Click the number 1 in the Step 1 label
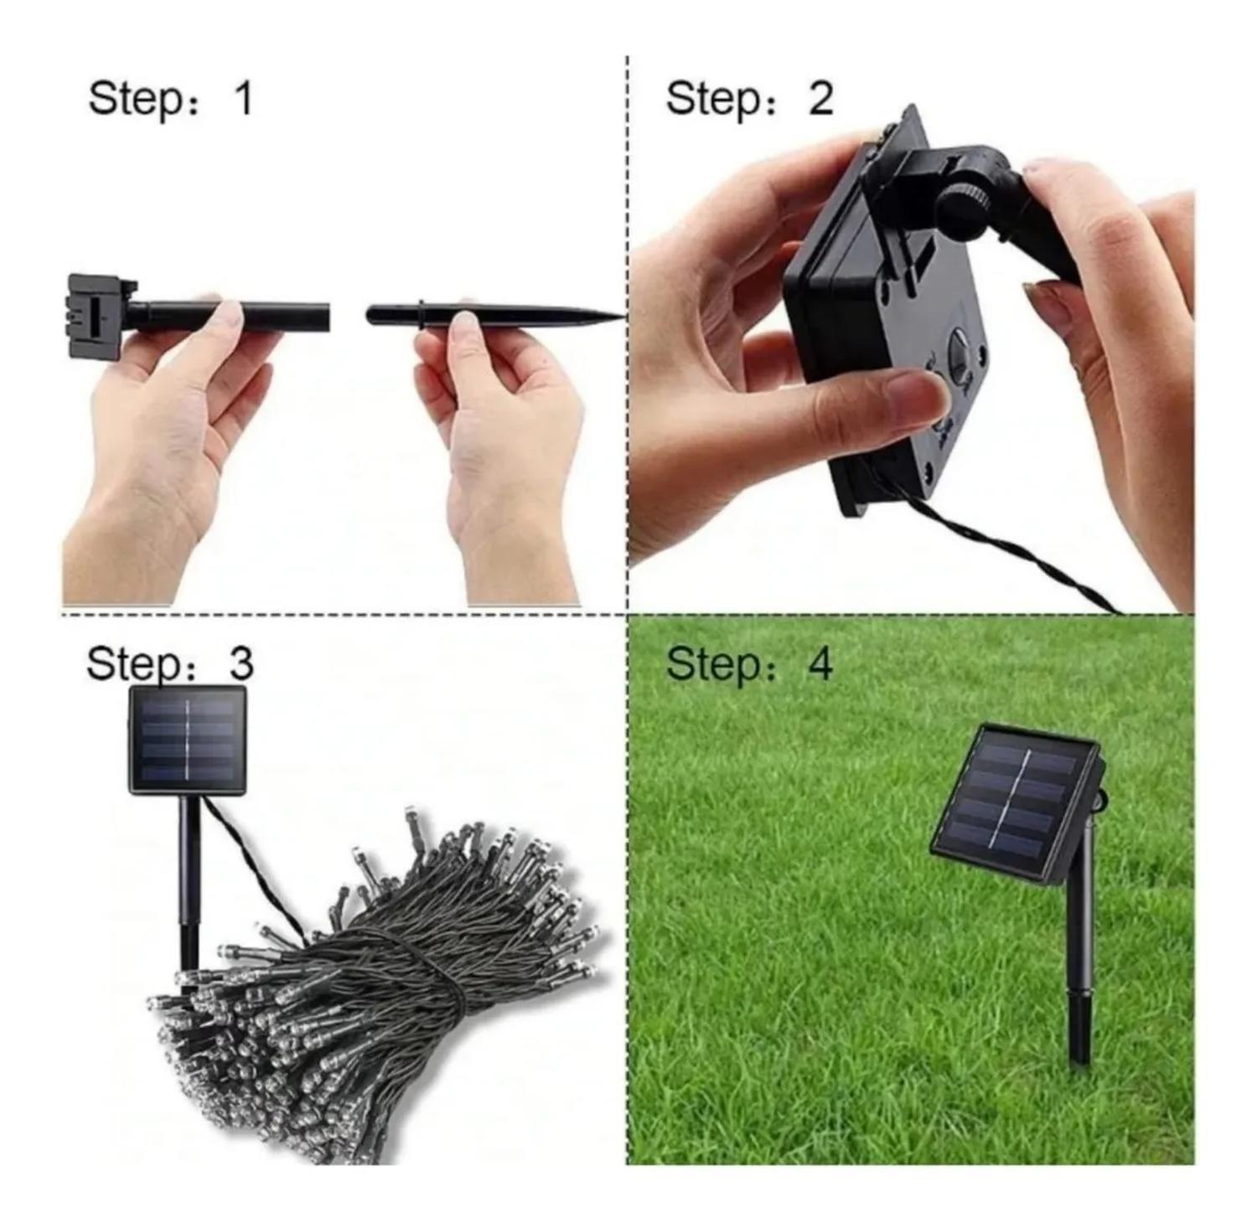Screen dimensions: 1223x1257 243,99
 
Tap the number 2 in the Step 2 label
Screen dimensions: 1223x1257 820,99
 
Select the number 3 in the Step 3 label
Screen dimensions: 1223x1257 241,663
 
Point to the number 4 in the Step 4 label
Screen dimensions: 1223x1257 820,663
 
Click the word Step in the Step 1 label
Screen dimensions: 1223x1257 134,99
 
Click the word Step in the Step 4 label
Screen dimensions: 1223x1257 712,663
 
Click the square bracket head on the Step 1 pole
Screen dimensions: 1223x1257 99,315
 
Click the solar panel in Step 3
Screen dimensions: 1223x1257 188,740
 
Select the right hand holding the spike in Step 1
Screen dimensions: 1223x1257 503,436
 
